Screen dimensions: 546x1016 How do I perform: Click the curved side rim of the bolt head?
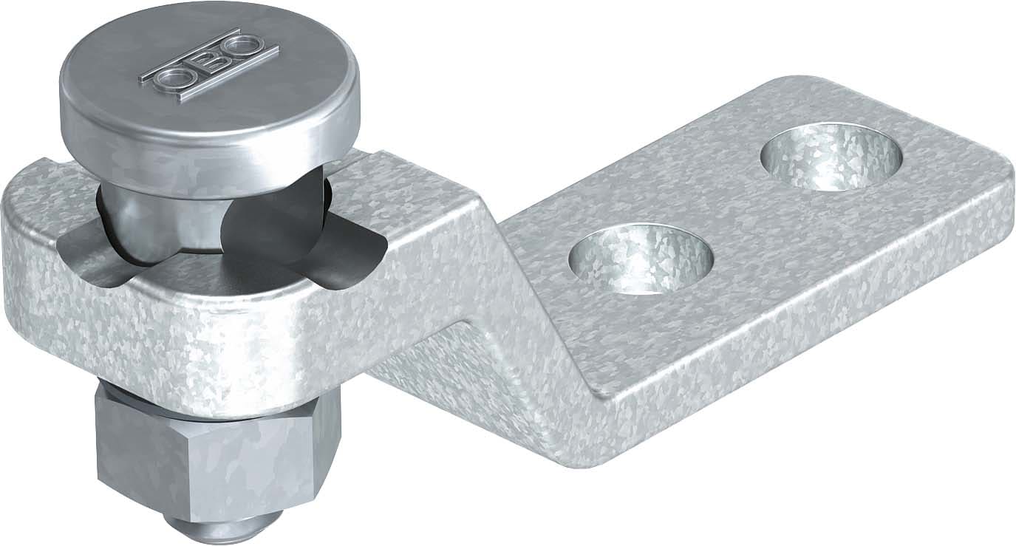214,140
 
